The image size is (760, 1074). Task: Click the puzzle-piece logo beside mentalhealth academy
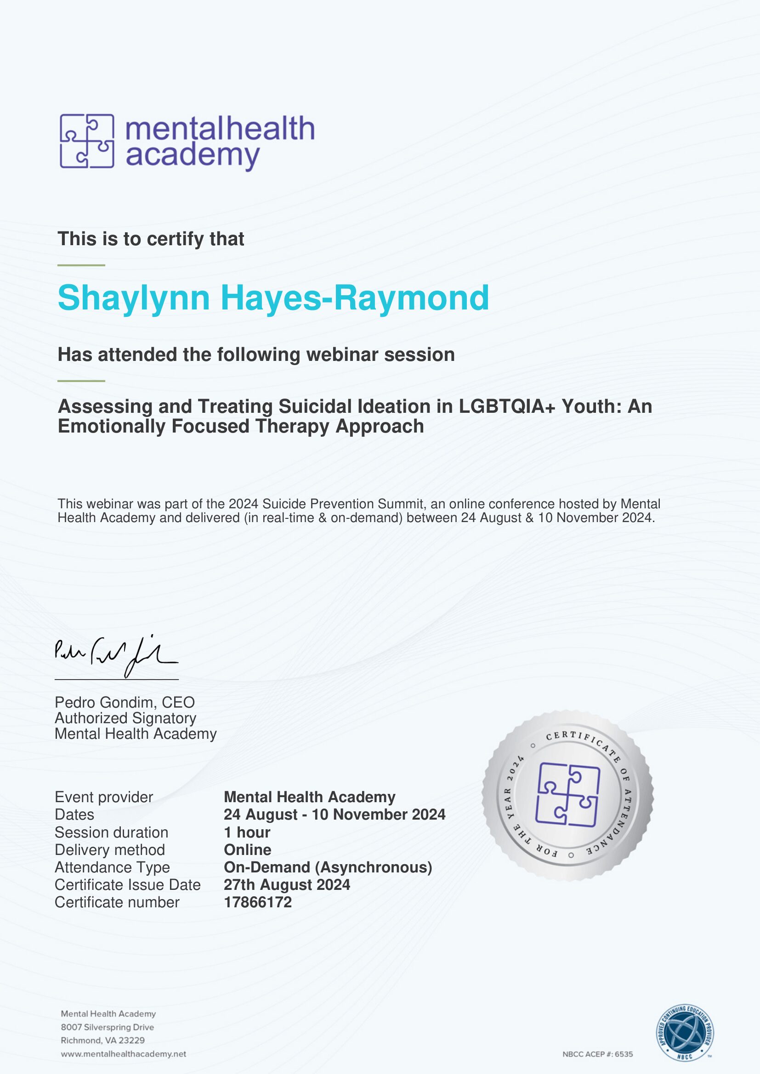(x=87, y=141)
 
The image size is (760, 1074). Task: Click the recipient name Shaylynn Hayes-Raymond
(x=273, y=298)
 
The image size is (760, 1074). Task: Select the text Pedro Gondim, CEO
(x=125, y=702)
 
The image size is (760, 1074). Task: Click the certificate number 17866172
(x=257, y=902)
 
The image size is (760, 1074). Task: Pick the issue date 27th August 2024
(x=286, y=884)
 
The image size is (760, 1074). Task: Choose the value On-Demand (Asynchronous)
(x=328, y=867)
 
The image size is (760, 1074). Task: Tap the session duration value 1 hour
(x=247, y=832)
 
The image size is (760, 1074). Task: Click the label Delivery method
(x=109, y=849)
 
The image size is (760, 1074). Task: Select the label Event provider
(x=104, y=797)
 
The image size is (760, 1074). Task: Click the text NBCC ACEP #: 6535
(x=597, y=1054)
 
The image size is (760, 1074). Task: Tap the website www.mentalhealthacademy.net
(x=124, y=1054)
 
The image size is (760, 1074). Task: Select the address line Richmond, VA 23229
(x=102, y=1040)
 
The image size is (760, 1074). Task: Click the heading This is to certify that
(x=151, y=239)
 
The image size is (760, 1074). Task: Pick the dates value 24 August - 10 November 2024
(x=334, y=815)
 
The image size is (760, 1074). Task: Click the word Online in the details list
(x=247, y=849)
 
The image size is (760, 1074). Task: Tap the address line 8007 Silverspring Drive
(x=107, y=1027)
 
